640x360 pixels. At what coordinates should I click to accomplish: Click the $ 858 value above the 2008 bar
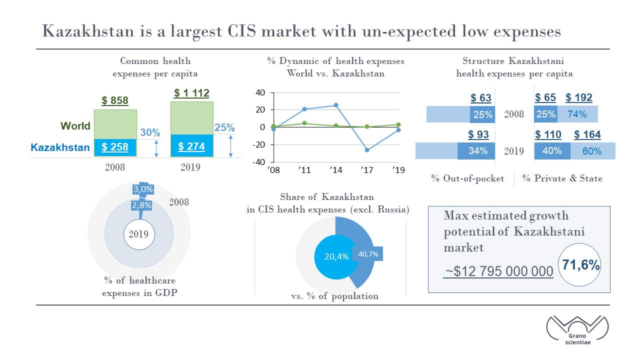pos(115,101)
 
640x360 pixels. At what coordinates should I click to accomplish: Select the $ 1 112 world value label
pos(191,93)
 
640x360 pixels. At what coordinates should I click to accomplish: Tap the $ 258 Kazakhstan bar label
pos(115,147)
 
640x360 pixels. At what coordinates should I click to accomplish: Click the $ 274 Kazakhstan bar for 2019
pos(191,146)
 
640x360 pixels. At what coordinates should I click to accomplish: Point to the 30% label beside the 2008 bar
pos(150,133)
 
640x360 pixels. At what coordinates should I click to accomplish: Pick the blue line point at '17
pos(367,150)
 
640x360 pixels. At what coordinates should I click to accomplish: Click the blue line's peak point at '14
pos(336,105)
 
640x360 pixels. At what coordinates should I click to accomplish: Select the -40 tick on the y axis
pos(259,162)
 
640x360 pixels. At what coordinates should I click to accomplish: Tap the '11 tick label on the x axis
pos(305,170)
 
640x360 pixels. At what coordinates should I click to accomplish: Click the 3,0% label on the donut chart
pos(143,189)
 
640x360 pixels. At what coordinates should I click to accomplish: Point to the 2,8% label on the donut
pos(141,205)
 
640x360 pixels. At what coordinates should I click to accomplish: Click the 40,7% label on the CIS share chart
pos(368,254)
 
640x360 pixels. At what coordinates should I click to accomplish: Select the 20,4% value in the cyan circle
pos(337,257)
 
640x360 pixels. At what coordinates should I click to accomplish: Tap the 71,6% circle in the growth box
pos(580,265)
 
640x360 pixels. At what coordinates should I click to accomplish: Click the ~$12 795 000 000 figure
pos(499,271)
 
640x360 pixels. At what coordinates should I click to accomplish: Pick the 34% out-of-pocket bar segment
pos(476,151)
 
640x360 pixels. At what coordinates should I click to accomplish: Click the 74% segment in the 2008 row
pos(578,114)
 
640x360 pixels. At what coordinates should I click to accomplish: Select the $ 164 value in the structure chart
pos(587,134)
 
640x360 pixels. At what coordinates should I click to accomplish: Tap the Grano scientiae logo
pos(578,331)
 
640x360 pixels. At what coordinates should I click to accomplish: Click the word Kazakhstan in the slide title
pos(88,31)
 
